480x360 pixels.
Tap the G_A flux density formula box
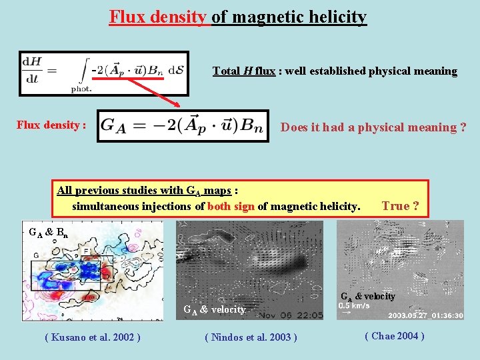[x=183, y=126]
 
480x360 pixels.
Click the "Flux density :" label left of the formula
[x=51, y=125]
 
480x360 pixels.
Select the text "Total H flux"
[x=243, y=71]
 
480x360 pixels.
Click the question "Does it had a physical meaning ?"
[x=373, y=127]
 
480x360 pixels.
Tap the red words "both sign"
[x=231, y=207]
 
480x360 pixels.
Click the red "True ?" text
[x=400, y=206]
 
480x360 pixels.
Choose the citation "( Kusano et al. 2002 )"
[x=92, y=337]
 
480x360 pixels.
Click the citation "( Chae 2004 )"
[x=394, y=336]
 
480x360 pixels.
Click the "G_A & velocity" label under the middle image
[x=215, y=309]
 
